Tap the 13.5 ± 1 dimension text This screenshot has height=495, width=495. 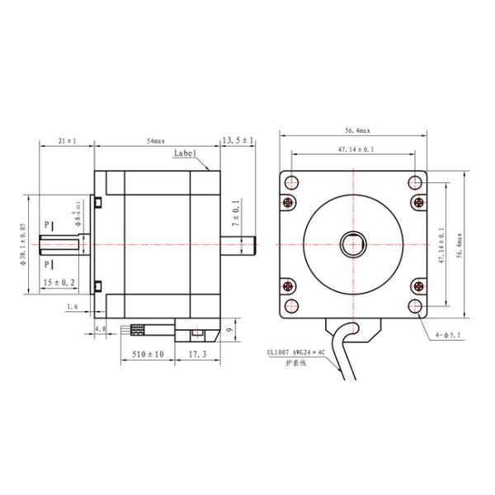point(238,141)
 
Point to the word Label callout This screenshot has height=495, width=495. point(186,153)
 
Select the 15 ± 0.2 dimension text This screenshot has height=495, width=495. point(59,282)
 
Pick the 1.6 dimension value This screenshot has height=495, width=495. point(72,306)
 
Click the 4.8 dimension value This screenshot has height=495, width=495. point(100,328)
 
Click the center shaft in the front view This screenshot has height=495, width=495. point(353,244)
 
